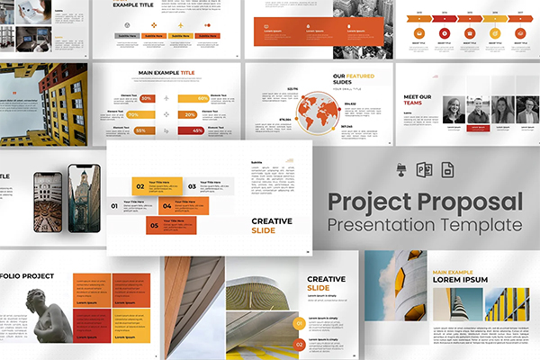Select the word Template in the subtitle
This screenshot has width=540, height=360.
click(482, 223)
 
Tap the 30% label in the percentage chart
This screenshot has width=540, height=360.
click(146, 98)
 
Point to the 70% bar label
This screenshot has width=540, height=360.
click(132, 114)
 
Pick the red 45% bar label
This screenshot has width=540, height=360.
click(197, 130)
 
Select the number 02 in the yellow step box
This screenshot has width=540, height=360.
click(139, 187)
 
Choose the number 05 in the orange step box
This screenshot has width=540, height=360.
click(154, 225)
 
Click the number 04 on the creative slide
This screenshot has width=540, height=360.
click(167, 206)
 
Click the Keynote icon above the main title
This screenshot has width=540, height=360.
click(401, 171)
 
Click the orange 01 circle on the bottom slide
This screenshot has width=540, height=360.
click(299, 322)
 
